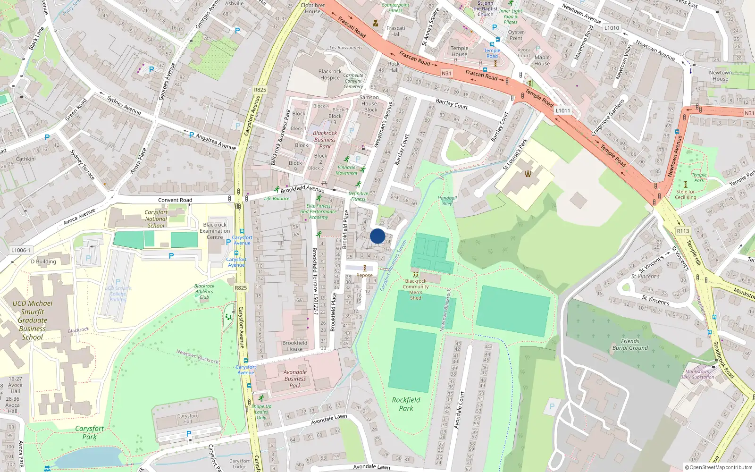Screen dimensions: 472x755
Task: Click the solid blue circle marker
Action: [377, 236]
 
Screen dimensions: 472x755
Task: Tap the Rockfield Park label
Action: [406, 404]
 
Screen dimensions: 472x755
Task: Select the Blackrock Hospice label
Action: [330, 75]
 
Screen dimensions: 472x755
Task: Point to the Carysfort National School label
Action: [156, 219]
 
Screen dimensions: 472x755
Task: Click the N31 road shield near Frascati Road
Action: [446, 73]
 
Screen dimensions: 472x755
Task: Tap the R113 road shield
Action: [683, 231]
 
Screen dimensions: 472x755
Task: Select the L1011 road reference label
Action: [562, 110]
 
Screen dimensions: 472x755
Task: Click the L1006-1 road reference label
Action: [20, 250]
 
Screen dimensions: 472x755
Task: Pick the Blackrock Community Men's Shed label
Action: [416, 289]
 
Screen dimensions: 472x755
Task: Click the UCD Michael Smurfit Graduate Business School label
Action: [33, 320]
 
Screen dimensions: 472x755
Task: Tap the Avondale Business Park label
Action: [295, 379]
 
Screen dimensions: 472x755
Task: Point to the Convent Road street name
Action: [175, 200]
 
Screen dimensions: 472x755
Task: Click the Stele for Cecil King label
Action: [686, 194]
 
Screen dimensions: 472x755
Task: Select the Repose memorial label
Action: [364, 275]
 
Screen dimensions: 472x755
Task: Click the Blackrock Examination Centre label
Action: [215, 231]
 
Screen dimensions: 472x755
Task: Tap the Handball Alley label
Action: [447, 201]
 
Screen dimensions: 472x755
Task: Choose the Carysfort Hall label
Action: [187, 418]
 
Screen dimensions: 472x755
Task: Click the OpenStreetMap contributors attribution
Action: [719, 467]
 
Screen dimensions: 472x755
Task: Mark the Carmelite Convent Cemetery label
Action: [353, 81]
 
